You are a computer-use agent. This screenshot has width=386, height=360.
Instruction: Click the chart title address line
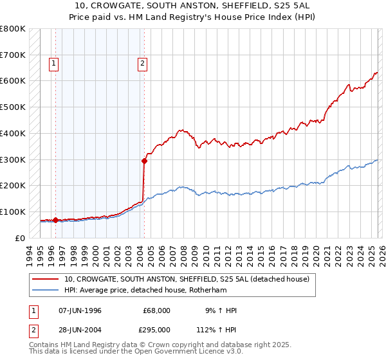coord(192,6)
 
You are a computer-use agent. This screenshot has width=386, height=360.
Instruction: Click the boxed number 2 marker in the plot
coord(142,63)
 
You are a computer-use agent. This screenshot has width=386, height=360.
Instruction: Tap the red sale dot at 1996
coord(55,220)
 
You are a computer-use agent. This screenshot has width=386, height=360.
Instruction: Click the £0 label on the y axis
coord(20,238)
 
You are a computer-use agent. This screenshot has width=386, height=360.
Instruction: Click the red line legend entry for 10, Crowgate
coord(187,279)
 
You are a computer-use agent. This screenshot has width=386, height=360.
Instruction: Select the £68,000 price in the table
coord(156,310)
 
